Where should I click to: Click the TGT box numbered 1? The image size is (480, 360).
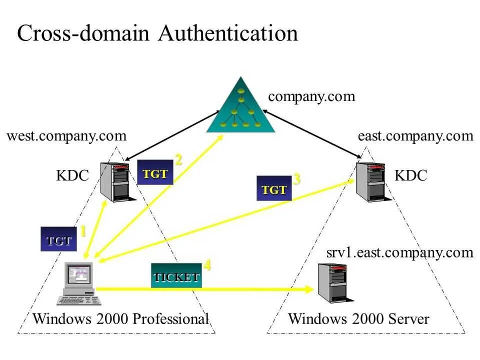click(59, 240)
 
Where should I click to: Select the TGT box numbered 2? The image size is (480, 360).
click(155, 173)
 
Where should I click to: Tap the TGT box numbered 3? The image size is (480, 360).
click(274, 189)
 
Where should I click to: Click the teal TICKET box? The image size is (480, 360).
click(176, 276)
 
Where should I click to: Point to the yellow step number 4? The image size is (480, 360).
click(206, 265)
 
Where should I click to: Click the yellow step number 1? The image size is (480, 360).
click(83, 231)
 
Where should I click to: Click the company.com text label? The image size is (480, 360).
click(311, 96)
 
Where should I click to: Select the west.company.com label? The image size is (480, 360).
click(66, 136)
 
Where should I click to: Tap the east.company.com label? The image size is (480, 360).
click(415, 136)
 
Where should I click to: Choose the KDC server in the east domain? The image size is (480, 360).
click(370, 182)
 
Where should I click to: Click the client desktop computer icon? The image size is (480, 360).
click(79, 283)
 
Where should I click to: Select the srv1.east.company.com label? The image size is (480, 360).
click(399, 252)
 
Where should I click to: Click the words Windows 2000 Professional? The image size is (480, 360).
click(120, 319)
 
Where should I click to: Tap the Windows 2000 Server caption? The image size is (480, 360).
click(358, 319)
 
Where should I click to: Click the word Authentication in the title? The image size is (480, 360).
click(228, 34)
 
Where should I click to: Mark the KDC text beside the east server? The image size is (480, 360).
click(410, 175)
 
